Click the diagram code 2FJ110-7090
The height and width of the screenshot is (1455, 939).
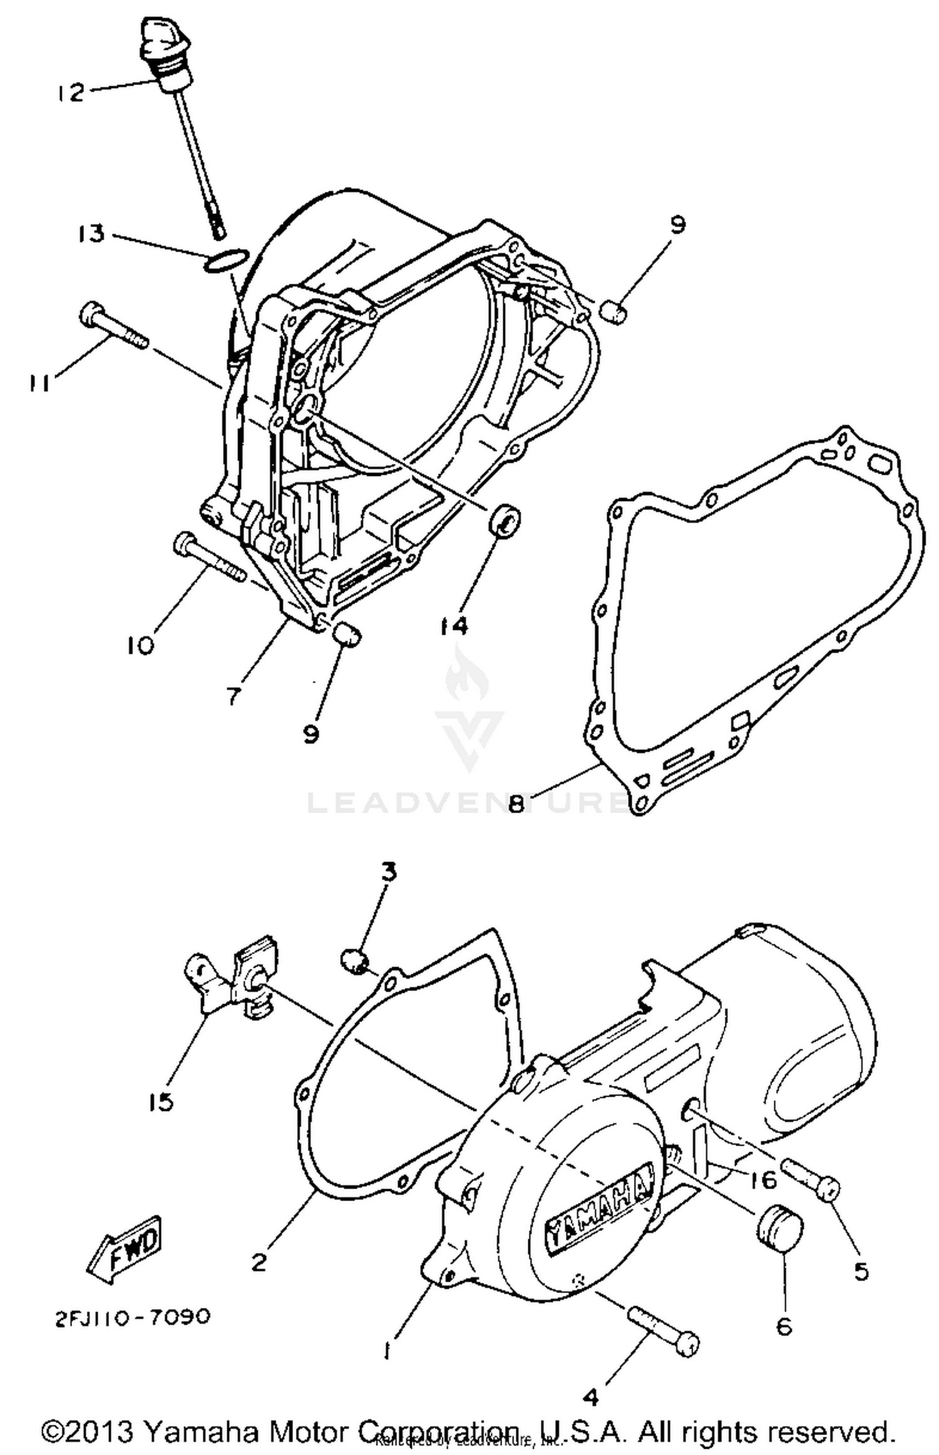[x=132, y=1317]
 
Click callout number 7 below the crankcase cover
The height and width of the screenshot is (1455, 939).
[x=233, y=694]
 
